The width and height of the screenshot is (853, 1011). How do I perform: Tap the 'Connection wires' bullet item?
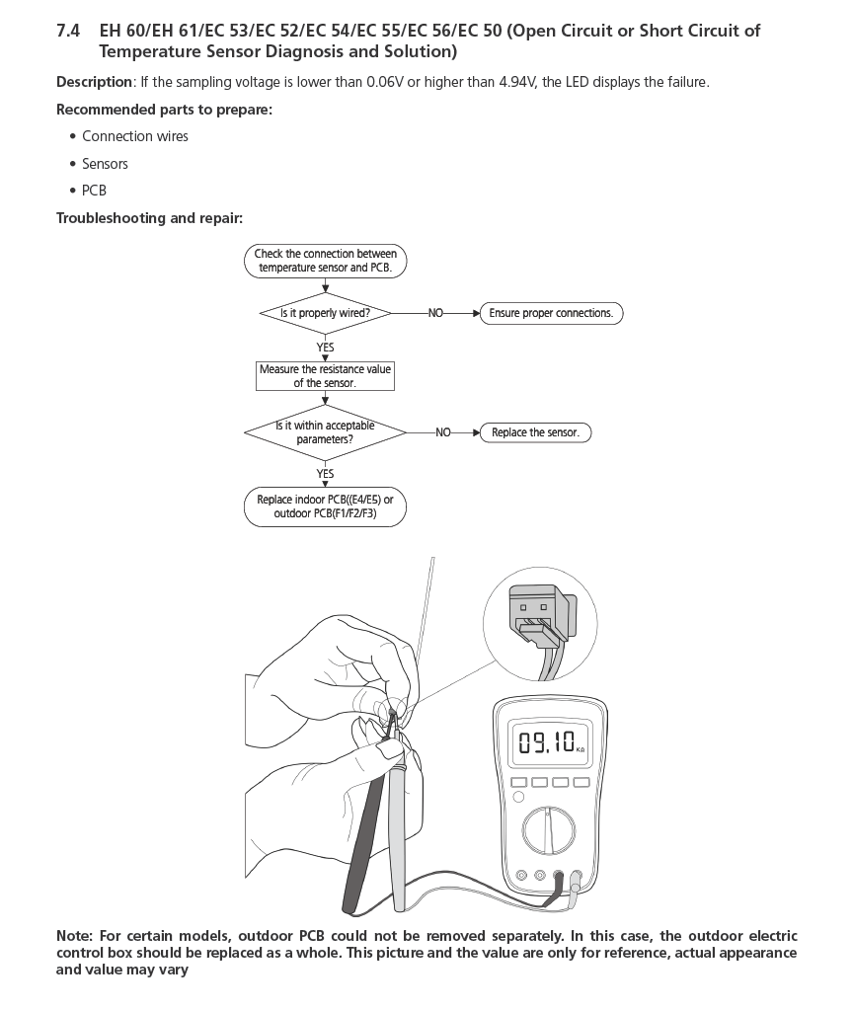(x=135, y=136)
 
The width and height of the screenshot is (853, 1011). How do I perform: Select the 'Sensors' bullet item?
(x=105, y=164)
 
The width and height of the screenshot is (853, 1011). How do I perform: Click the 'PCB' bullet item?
(x=94, y=191)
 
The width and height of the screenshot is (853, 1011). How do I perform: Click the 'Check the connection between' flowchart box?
(x=325, y=261)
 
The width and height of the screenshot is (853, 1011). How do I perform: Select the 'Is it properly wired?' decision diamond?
(x=325, y=313)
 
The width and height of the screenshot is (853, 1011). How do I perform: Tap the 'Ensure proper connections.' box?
(x=551, y=313)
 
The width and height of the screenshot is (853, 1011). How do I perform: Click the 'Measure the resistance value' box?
(x=325, y=376)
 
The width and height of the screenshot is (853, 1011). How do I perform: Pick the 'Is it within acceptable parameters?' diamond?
(x=325, y=432)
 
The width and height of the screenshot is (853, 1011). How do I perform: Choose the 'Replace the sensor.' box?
(x=535, y=432)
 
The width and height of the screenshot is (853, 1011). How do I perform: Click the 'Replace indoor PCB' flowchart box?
(x=325, y=506)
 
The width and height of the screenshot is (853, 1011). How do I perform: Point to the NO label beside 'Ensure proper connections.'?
(x=435, y=313)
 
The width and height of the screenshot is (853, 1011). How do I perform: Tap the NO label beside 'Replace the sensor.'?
(x=443, y=432)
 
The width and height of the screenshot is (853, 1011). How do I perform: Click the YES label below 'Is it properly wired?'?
(x=325, y=348)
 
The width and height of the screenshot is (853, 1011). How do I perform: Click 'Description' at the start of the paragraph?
(x=94, y=82)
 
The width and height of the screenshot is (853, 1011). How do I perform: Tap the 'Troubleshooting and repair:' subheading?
(x=149, y=218)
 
